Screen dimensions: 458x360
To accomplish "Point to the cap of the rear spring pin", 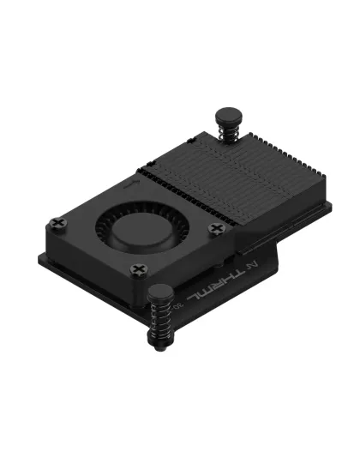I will pyautogui.click(x=229, y=113).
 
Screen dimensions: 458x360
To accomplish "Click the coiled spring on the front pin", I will pyautogui.click(x=160, y=323).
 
